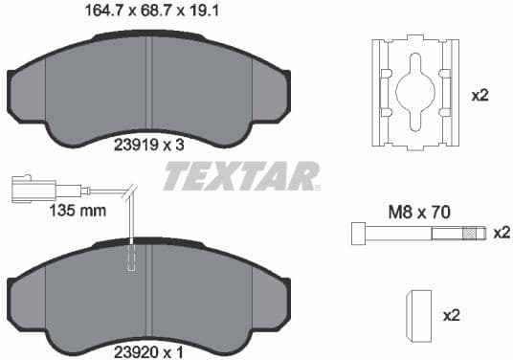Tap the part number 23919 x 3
click(x=148, y=145)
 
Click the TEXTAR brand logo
click(x=240, y=176)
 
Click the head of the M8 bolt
click(x=357, y=233)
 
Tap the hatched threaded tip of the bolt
click(x=469, y=233)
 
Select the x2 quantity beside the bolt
click(x=501, y=233)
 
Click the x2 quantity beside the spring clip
click(x=480, y=96)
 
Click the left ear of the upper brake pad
click(x=26, y=95)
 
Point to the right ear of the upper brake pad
click(x=271, y=95)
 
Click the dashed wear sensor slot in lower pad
click(x=132, y=258)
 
